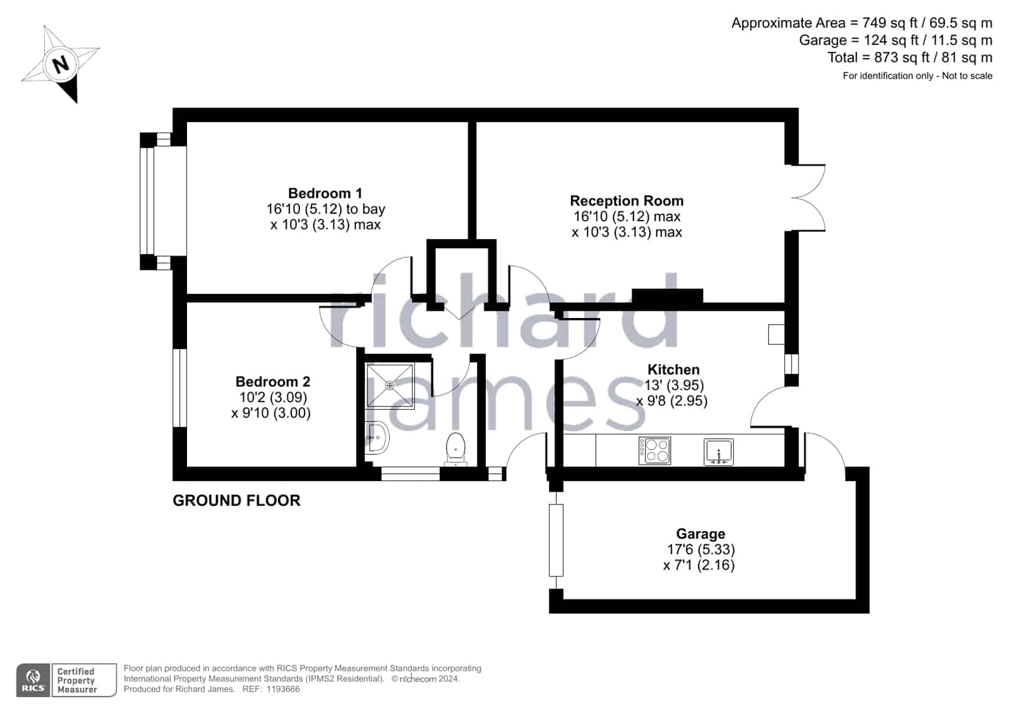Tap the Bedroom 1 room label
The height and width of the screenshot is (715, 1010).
coord(325,193)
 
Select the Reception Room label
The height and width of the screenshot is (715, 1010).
coord(627,200)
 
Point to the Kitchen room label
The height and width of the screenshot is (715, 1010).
coord(673,369)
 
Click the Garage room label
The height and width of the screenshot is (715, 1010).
coord(700,534)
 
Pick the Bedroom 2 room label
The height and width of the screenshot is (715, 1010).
coord(273,381)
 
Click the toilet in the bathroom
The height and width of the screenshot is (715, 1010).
coord(456,449)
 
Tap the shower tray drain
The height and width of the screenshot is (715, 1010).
coord(390,386)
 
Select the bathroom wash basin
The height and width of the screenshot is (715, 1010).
coord(376,437)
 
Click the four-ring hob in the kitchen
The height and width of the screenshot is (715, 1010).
coord(654,451)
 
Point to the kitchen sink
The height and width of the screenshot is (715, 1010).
coord(719,451)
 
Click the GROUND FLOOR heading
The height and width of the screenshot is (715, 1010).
coord(236,501)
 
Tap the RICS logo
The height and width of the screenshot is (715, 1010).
coord(33,680)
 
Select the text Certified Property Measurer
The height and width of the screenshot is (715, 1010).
coord(76,680)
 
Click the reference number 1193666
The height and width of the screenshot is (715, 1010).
coord(283,689)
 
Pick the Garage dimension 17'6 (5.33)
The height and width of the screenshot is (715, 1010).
coord(701,549)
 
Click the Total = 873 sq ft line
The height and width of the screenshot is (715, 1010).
coord(910,58)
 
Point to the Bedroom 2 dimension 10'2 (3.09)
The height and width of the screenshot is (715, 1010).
coord(274,397)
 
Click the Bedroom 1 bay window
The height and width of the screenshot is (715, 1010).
coord(155,201)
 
